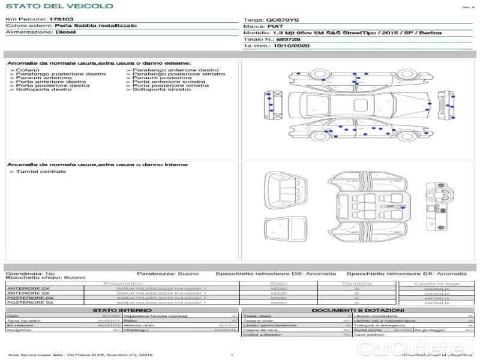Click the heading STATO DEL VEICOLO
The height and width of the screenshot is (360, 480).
[59, 6]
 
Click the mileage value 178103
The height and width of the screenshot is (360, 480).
[62, 20]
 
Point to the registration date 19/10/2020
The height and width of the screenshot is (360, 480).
[292, 46]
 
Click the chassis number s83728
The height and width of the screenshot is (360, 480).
[288, 39]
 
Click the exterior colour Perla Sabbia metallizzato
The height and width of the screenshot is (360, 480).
[95, 26]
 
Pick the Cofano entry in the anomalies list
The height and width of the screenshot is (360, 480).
[28, 70]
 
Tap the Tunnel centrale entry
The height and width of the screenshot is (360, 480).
[41, 172]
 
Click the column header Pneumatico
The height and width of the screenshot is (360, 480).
[123, 283]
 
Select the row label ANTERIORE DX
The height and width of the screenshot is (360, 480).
[28, 289]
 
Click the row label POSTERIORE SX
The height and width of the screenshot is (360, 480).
[29, 303]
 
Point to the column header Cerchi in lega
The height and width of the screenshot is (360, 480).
[436, 283]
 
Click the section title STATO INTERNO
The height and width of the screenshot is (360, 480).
[122, 310]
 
